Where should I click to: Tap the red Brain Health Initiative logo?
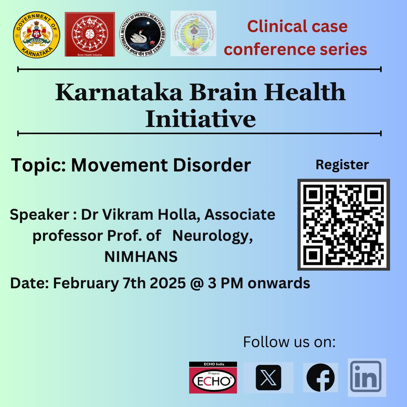pos(90,34)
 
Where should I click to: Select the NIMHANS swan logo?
pos(144,34)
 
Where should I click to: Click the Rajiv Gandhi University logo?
pos(193,34)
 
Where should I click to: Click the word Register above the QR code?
pos(342,165)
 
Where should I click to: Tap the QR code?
pos(343,225)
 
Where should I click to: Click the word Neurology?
pos(212,236)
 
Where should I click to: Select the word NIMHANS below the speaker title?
pos(141,257)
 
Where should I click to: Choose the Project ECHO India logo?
pos(213,378)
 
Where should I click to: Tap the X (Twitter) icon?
pos(268,378)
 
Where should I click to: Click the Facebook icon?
pos(320,378)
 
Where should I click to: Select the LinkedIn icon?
pos(366,377)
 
